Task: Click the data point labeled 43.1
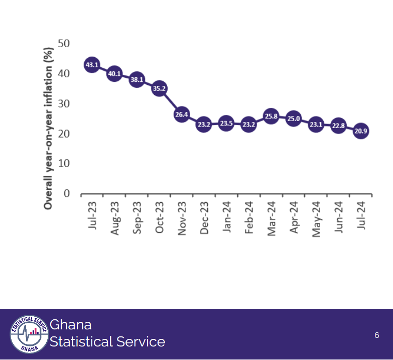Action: (92, 65)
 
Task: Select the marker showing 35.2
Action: (159, 88)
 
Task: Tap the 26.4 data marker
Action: (181, 114)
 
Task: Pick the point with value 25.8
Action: (271, 116)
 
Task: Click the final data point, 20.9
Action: (360, 132)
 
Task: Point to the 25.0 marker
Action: (293, 119)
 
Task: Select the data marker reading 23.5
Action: (226, 124)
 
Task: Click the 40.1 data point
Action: (114, 74)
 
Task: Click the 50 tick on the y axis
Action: (64, 44)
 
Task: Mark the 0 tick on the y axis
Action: (67, 194)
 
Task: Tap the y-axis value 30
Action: (64, 104)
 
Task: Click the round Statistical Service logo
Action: (29, 334)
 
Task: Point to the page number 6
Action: (377, 335)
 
